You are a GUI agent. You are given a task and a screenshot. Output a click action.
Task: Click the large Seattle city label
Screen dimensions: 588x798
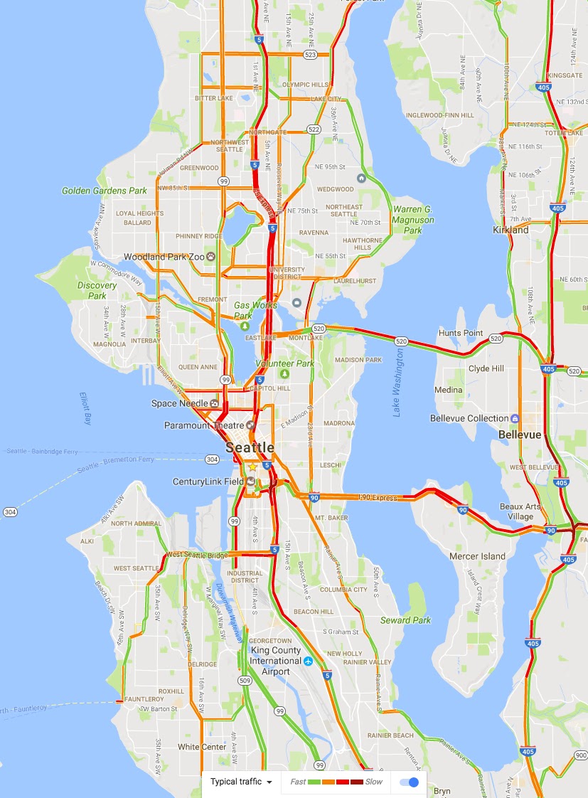[x=250, y=447]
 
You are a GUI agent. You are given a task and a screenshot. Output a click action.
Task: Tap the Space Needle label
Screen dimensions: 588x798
[x=180, y=403]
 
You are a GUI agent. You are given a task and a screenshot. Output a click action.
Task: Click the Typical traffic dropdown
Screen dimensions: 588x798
[x=241, y=782]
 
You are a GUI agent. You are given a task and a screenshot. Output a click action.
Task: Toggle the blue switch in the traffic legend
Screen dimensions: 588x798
[x=410, y=782]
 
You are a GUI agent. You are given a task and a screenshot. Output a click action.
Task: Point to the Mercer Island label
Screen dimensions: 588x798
[x=477, y=556]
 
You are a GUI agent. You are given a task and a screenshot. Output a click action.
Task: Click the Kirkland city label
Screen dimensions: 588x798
[x=511, y=230]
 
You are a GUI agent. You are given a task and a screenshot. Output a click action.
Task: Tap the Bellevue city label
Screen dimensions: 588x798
[x=520, y=434]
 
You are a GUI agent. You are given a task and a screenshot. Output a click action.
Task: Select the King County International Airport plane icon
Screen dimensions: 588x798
[x=309, y=661]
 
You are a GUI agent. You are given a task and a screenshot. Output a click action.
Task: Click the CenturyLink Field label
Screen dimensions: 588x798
[x=208, y=482]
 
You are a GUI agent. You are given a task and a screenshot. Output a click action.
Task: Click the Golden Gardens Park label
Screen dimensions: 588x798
[x=104, y=191]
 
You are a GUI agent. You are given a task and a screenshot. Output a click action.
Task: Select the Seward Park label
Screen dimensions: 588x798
[x=405, y=620]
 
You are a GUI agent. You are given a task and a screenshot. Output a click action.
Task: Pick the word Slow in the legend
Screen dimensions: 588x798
[x=374, y=782]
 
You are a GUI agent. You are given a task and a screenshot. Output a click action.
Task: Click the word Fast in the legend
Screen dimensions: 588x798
[x=298, y=782]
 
